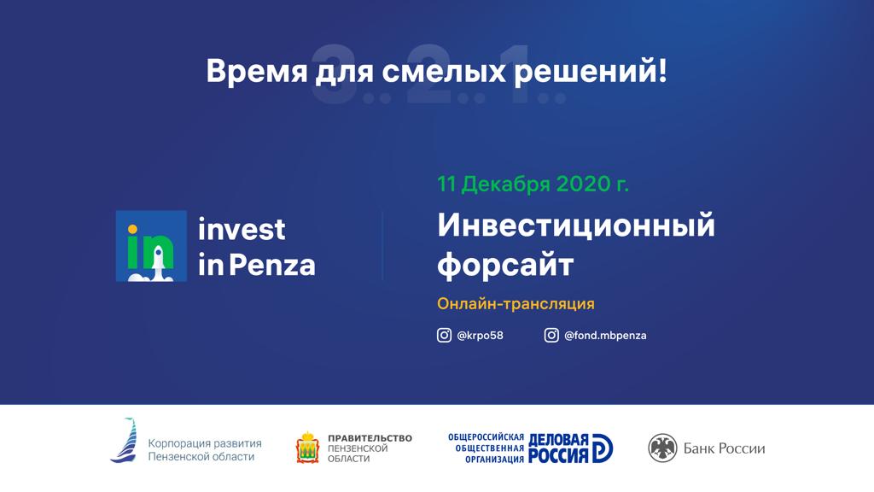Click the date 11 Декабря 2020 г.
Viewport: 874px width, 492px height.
click(533, 184)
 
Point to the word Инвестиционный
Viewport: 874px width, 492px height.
click(575, 226)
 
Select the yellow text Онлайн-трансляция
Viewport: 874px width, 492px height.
click(516, 303)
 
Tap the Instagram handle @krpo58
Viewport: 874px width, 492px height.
click(480, 336)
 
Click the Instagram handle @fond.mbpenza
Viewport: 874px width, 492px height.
click(605, 336)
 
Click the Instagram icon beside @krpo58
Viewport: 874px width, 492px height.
click(444, 336)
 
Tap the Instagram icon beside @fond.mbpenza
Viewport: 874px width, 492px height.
click(551, 336)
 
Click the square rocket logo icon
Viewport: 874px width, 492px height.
click(151, 246)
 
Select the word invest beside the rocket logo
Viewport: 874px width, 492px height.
click(242, 229)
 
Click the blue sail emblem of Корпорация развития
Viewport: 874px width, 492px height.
click(125, 441)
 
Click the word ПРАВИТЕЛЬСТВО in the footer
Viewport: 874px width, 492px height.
click(370, 438)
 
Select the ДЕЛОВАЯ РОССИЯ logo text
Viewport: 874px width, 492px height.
click(559, 448)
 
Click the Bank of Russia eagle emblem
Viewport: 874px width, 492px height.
click(662, 448)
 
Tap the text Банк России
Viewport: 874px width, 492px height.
click(724, 448)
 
